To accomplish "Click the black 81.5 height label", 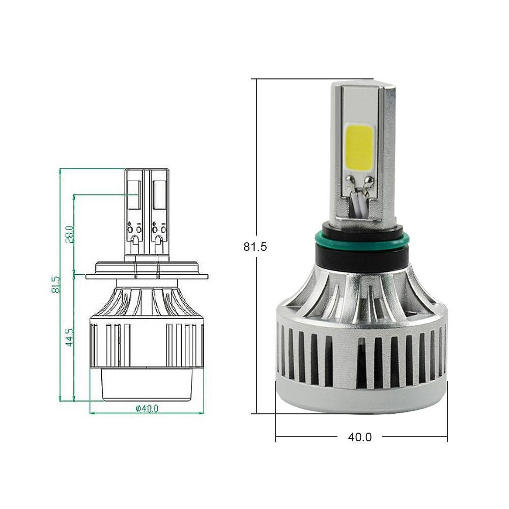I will click(255, 247).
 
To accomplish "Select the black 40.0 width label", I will click(360, 437).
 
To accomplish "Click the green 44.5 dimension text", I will click(70, 337).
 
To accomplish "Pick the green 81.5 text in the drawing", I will click(55, 285).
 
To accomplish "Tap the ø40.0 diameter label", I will click(147, 408).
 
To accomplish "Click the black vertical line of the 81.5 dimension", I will click(257, 331).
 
